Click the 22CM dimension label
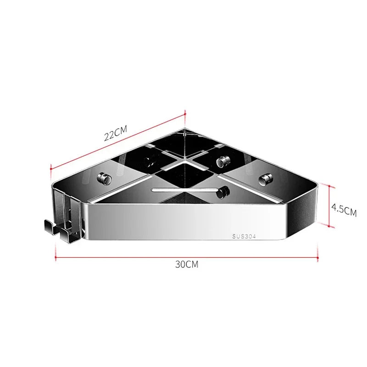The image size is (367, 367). pyautogui.click(x=115, y=135)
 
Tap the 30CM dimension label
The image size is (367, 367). pyautogui.click(x=187, y=264)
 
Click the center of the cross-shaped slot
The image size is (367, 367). pyautogui.click(x=185, y=162)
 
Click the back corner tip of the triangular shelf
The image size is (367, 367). pyautogui.click(x=185, y=129)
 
